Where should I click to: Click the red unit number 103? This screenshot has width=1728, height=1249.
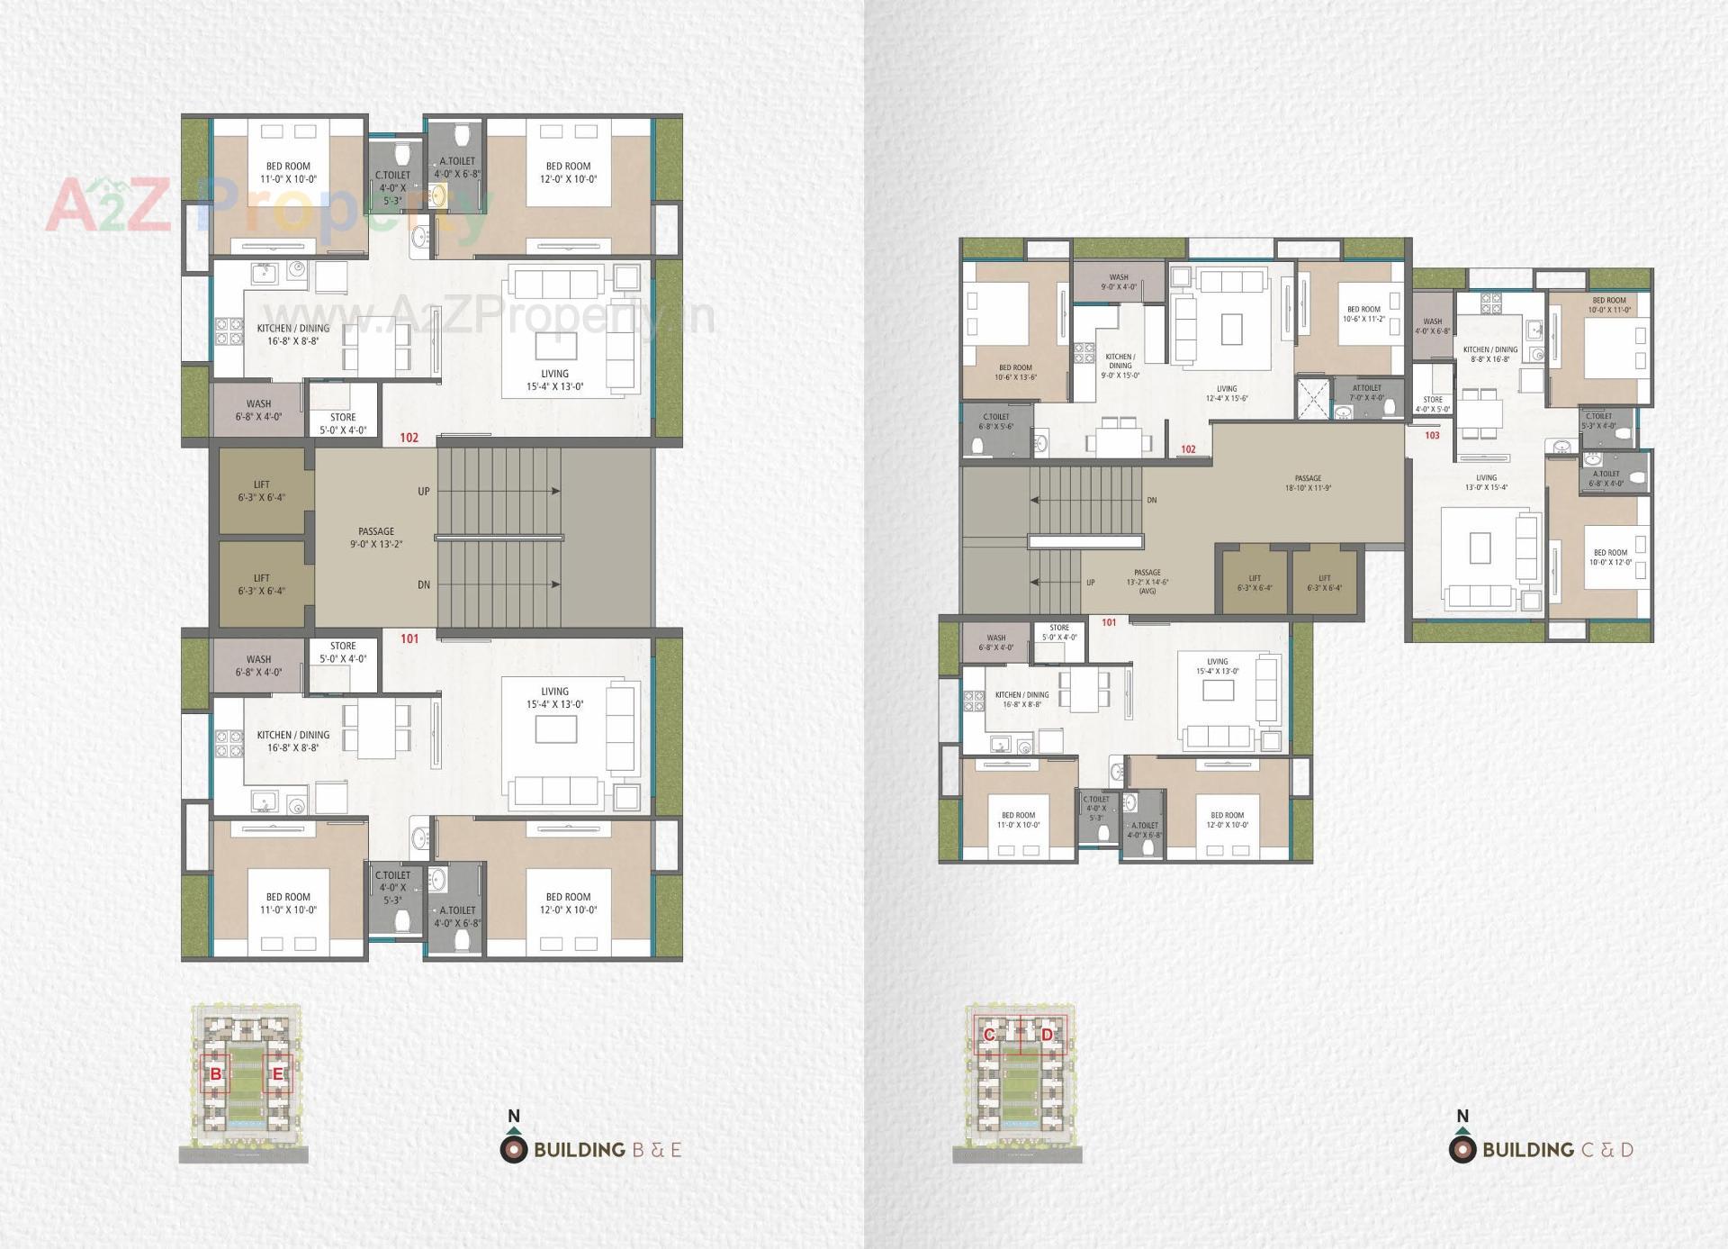click(x=1432, y=435)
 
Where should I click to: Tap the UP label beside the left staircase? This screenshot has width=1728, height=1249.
click(x=424, y=492)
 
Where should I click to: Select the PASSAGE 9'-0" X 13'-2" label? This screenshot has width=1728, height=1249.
click(x=376, y=538)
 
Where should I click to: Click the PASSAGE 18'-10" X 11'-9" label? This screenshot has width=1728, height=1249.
click(x=1308, y=484)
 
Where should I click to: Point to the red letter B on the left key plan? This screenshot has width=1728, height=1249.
click(x=216, y=1074)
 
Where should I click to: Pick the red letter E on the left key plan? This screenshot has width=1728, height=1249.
click(x=278, y=1074)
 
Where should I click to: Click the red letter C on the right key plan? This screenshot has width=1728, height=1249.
click(x=989, y=1035)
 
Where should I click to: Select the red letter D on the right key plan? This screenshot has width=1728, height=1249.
click(x=1047, y=1035)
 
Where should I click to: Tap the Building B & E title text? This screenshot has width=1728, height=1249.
click(x=607, y=1150)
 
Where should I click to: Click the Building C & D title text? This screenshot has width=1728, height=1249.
click(x=1557, y=1150)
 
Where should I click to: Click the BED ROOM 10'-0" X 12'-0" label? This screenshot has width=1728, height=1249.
click(x=1610, y=557)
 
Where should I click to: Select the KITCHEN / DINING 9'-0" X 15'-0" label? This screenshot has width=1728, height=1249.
click(x=1120, y=366)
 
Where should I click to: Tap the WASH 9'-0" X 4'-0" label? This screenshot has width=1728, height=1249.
click(x=1119, y=282)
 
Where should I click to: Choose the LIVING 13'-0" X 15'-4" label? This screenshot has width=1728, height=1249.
click(x=1486, y=483)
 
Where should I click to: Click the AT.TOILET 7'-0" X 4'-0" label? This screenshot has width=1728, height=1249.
click(x=1366, y=393)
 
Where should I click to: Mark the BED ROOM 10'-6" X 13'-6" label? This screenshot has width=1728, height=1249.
click(x=1015, y=372)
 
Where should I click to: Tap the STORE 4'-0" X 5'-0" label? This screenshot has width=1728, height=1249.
click(x=1433, y=404)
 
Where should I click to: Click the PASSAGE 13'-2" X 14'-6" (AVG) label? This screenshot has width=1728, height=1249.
click(x=1147, y=582)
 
